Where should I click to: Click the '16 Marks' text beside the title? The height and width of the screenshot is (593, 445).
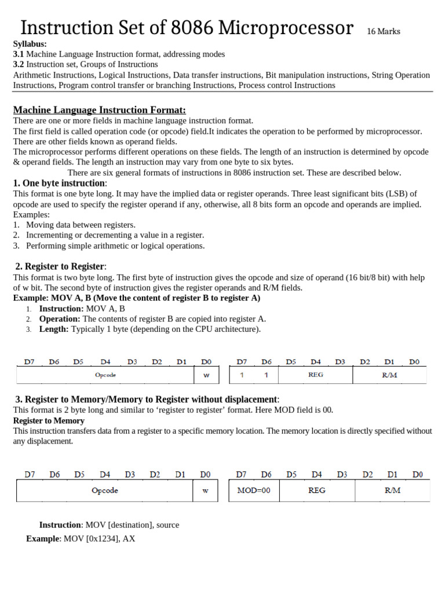(x=383, y=31)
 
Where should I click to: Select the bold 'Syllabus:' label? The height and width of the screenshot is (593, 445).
(x=30, y=44)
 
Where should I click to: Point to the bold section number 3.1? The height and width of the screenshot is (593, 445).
(x=19, y=54)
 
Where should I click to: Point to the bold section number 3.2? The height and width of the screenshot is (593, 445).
(x=19, y=64)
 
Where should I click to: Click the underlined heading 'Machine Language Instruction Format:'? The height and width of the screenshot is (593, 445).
(x=99, y=110)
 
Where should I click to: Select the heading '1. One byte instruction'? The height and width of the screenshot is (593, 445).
(x=59, y=183)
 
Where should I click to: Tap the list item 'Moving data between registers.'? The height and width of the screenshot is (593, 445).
(x=81, y=225)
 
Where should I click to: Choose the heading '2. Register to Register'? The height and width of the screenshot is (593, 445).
(x=60, y=266)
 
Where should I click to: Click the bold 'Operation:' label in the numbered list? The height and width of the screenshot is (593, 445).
(x=60, y=319)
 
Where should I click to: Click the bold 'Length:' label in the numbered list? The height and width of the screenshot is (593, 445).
(x=54, y=329)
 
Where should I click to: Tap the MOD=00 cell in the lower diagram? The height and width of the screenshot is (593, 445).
(x=253, y=490)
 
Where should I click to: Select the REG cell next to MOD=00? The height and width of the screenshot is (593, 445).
(x=316, y=490)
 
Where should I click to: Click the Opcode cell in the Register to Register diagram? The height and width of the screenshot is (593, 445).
(x=105, y=375)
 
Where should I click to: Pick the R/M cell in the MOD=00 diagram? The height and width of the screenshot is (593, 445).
(x=392, y=490)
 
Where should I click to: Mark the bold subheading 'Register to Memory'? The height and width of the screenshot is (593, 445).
(x=49, y=420)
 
